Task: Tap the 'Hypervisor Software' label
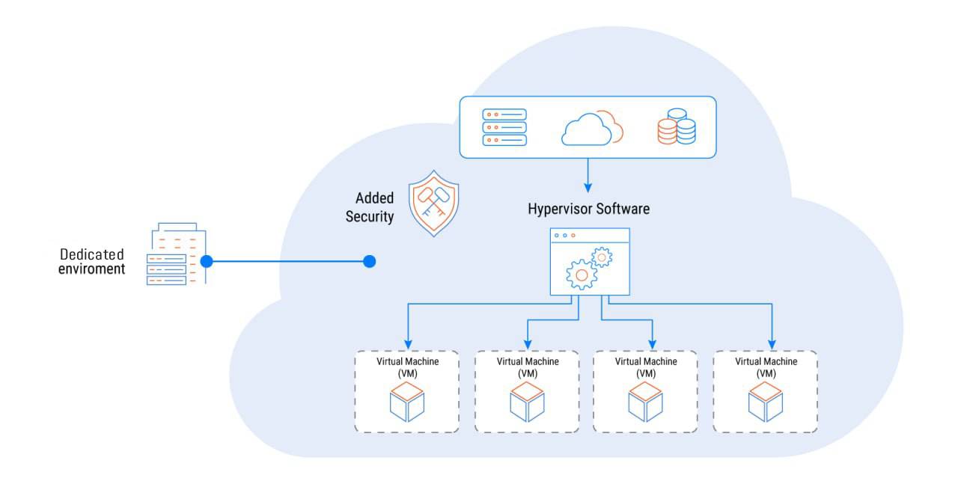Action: click(588, 209)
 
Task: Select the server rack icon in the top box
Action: click(504, 127)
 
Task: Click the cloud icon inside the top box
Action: click(591, 128)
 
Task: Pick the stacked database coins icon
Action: click(676, 126)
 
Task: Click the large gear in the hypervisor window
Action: click(582, 275)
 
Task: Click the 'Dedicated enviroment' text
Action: click(92, 262)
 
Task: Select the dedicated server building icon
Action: click(176, 254)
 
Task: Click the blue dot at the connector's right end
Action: click(369, 261)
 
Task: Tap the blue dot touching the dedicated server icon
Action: click(207, 261)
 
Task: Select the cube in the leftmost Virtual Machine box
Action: click(407, 402)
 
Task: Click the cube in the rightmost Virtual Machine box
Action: click(766, 402)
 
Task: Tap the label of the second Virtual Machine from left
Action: click(528, 367)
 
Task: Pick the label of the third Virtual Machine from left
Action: click(646, 367)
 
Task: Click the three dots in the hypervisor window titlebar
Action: click(565, 236)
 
